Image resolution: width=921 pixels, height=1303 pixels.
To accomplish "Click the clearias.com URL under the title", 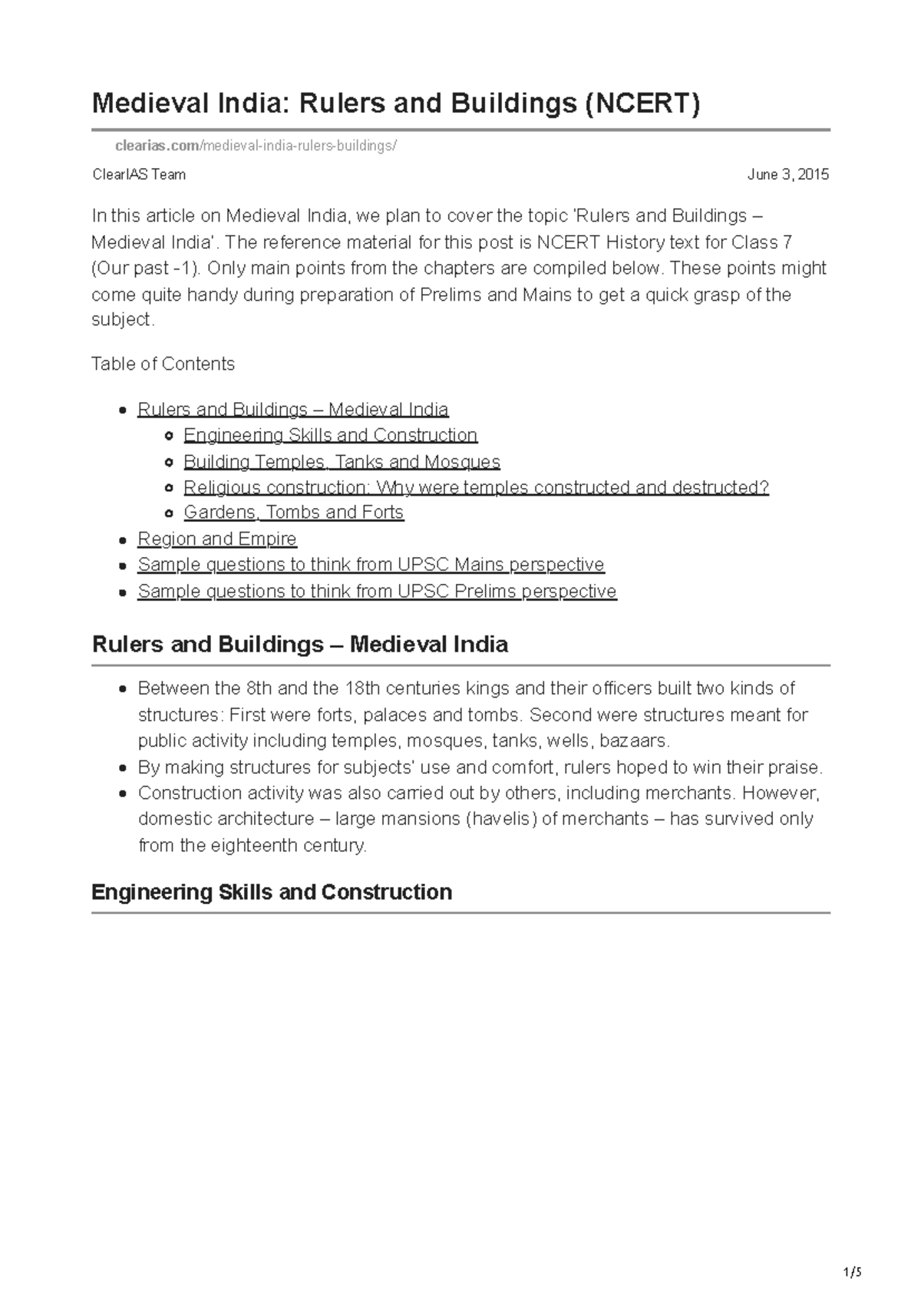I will (256, 146).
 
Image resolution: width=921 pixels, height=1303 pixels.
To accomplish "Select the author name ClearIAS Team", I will (139, 175).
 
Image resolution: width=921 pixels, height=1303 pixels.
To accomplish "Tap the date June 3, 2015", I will (787, 175).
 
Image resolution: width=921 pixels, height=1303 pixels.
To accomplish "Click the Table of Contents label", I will (163, 364).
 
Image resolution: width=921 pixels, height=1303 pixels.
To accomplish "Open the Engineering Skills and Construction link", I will (330, 435).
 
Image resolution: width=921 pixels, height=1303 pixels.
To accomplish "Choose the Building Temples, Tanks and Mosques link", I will (342, 462).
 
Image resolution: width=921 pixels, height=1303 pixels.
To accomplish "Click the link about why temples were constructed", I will (476, 487).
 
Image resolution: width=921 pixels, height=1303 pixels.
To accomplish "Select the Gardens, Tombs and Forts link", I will (293, 512).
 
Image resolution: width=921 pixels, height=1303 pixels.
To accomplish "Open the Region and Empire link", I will (216, 539).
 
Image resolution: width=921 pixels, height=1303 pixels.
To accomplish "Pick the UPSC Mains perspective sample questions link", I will (371, 565).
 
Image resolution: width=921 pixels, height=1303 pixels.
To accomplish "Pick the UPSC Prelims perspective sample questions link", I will (377, 592).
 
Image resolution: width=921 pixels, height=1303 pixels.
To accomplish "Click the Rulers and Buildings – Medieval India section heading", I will (299, 644).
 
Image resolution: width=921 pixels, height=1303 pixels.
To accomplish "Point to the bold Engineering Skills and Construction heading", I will (272, 892).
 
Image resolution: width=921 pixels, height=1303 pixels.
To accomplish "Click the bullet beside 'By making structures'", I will (123, 768).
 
